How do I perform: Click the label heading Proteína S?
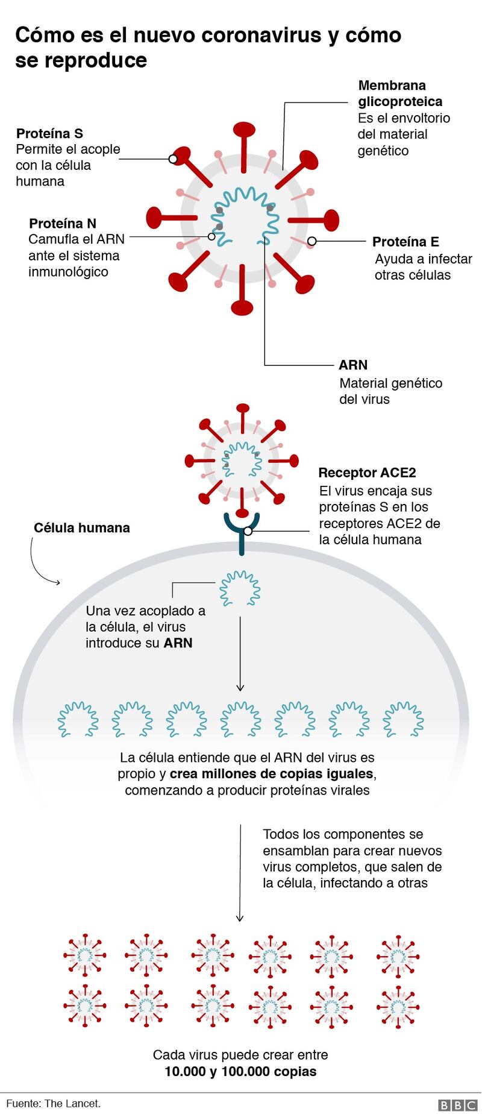coord(49,133)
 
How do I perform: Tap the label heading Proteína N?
coord(63,223)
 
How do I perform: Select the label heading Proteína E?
coord(405,242)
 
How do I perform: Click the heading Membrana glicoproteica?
coord(400,93)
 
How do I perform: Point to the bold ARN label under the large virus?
coord(353,365)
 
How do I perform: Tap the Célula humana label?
coord(82,527)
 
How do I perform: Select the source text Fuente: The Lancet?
coord(53,1103)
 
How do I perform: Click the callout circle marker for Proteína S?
coord(173,159)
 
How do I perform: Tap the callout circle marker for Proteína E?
coord(311,242)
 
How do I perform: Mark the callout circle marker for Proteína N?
coord(211,237)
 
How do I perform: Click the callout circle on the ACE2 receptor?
coord(248,531)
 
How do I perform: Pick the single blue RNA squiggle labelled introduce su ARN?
coord(240,588)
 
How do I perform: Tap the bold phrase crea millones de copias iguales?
coord(272,773)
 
